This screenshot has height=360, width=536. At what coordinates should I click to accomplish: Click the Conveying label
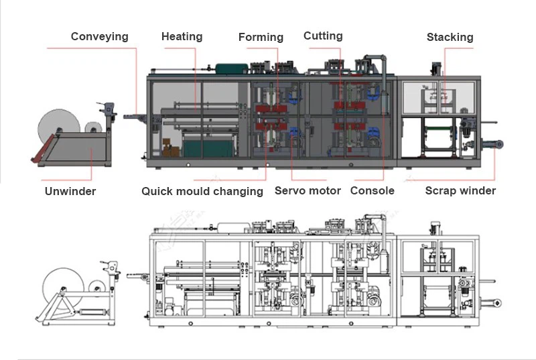click(99, 36)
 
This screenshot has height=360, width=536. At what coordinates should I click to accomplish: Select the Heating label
click(182, 36)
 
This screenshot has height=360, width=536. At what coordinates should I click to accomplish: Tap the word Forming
click(261, 38)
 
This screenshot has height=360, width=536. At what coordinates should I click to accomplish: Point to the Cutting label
click(323, 36)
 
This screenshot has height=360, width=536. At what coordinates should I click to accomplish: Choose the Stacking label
click(450, 37)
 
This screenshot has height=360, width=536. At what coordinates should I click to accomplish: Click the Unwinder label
click(70, 191)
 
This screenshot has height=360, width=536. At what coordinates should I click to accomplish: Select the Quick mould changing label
click(202, 191)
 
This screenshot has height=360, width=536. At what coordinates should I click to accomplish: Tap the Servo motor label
click(308, 190)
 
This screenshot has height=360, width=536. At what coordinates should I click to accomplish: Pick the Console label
click(373, 190)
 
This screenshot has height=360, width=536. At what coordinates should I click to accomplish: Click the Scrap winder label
click(460, 190)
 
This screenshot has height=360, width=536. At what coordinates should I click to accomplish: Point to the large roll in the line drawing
click(60, 285)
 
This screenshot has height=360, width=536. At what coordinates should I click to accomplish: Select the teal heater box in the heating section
click(210, 145)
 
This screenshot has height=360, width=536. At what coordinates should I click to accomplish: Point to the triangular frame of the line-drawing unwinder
click(67, 308)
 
